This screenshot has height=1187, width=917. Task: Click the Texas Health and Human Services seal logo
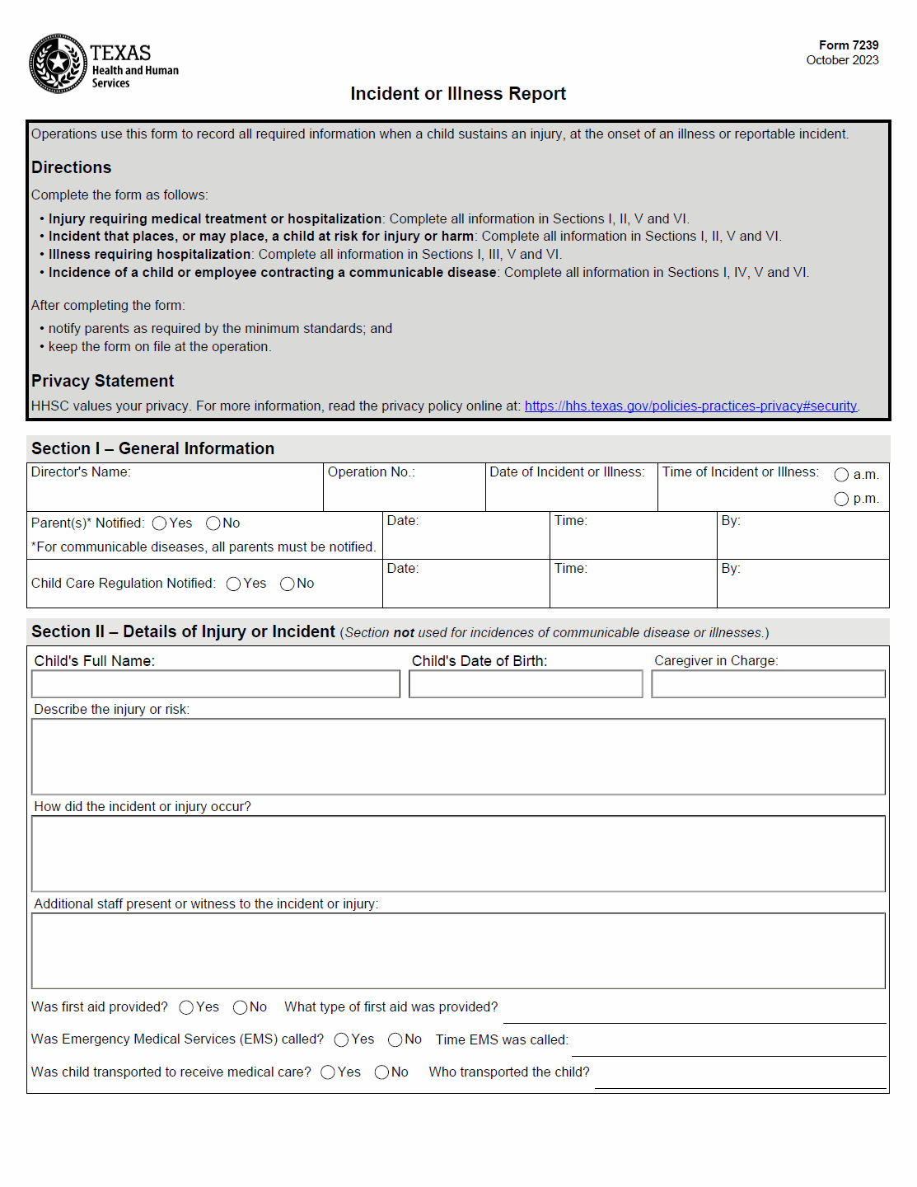(x=58, y=63)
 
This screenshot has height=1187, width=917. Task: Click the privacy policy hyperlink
(x=690, y=406)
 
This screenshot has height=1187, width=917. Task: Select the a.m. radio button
(x=841, y=475)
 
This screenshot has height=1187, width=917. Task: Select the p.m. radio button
(x=841, y=499)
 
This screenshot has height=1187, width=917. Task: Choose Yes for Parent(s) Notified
(x=160, y=523)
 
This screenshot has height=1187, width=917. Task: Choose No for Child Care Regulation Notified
(x=288, y=584)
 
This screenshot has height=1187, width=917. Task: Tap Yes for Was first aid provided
(x=186, y=1007)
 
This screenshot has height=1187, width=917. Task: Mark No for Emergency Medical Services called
(x=395, y=1040)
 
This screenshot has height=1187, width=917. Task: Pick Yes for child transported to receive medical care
(x=328, y=1072)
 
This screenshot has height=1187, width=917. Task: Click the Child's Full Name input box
(x=216, y=684)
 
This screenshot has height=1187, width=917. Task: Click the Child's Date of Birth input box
(x=526, y=684)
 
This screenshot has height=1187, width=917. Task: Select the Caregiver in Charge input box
(x=768, y=684)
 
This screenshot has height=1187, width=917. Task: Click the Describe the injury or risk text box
(x=458, y=757)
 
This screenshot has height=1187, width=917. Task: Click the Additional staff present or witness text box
(x=458, y=950)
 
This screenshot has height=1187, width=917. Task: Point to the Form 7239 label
(x=849, y=45)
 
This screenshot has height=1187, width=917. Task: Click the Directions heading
(x=72, y=167)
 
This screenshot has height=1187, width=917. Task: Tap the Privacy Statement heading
(x=103, y=381)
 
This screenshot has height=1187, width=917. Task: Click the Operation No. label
(x=372, y=472)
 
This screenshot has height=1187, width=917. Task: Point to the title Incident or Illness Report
(x=458, y=94)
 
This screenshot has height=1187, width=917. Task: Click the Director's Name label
(x=81, y=472)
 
